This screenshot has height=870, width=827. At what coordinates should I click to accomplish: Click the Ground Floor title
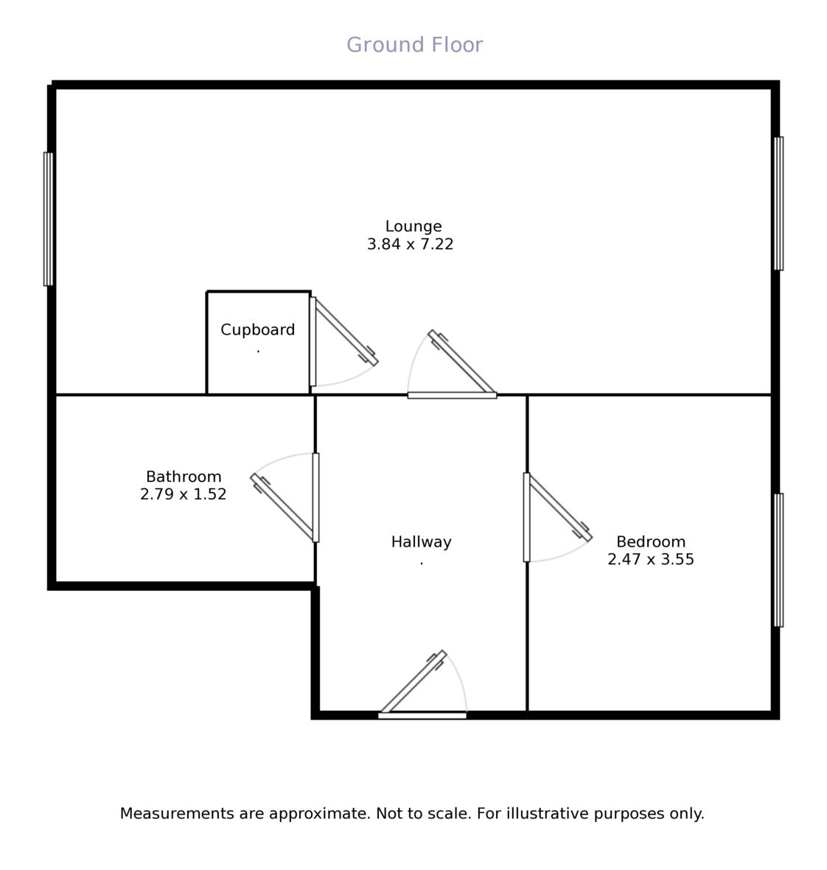[415, 44]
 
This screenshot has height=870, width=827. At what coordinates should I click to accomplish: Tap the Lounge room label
[413, 226]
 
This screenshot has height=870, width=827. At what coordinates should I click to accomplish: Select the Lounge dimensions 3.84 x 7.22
[410, 244]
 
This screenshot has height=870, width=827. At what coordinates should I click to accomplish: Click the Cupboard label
[257, 329]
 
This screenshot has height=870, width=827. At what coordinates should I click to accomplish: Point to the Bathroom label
[184, 477]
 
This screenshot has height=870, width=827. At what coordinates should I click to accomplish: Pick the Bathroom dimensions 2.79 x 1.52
[183, 494]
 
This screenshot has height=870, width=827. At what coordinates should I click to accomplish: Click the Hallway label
[422, 541]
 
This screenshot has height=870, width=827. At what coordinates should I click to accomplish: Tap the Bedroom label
[651, 541]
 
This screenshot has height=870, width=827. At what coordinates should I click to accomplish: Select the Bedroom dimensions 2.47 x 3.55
[651, 558]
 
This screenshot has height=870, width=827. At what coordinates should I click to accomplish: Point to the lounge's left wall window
[49, 220]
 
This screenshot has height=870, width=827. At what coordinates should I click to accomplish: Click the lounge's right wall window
[778, 203]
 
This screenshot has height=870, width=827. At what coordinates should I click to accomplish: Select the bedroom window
[778, 561]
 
